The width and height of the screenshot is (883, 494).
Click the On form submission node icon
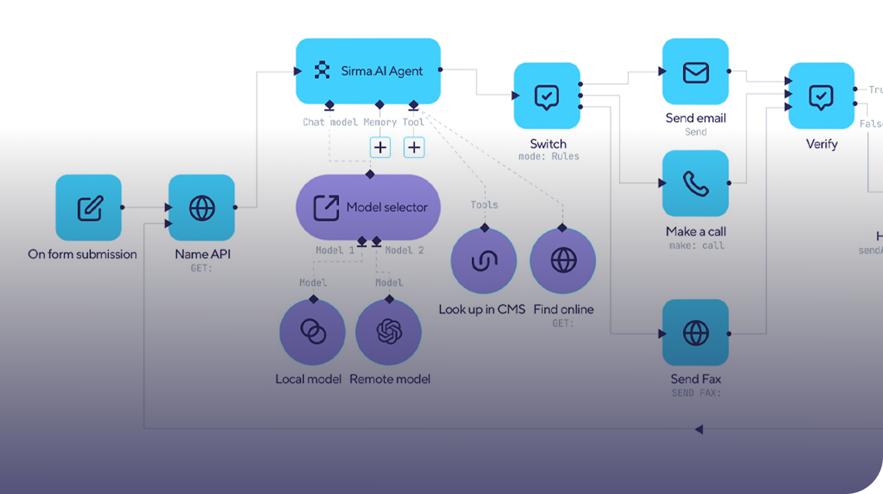[89, 208]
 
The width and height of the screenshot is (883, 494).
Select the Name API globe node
[201, 208]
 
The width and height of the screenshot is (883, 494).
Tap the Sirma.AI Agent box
[368, 71]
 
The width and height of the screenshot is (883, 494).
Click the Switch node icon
[546, 96]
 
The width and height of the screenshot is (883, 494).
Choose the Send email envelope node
[695, 72]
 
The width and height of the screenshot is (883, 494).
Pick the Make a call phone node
[695, 184]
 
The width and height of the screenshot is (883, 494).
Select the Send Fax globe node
[695, 332]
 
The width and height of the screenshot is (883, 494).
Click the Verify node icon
[821, 96]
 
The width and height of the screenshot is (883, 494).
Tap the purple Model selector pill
[368, 207]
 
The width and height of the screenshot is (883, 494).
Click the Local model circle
[312, 332]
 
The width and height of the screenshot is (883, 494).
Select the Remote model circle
[389, 332]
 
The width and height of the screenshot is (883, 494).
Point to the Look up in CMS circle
[483, 261]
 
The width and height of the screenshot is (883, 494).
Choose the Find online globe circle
[563, 261]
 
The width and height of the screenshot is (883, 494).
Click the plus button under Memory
[380, 147]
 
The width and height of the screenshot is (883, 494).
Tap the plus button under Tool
[414, 147]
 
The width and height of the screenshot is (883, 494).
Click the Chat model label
[330, 122]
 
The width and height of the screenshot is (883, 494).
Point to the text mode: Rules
[548, 156]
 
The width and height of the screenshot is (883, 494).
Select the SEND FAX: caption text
[696, 394]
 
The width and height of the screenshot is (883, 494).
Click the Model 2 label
[404, 251]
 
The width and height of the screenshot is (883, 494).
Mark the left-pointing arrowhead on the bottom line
[699, 429]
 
